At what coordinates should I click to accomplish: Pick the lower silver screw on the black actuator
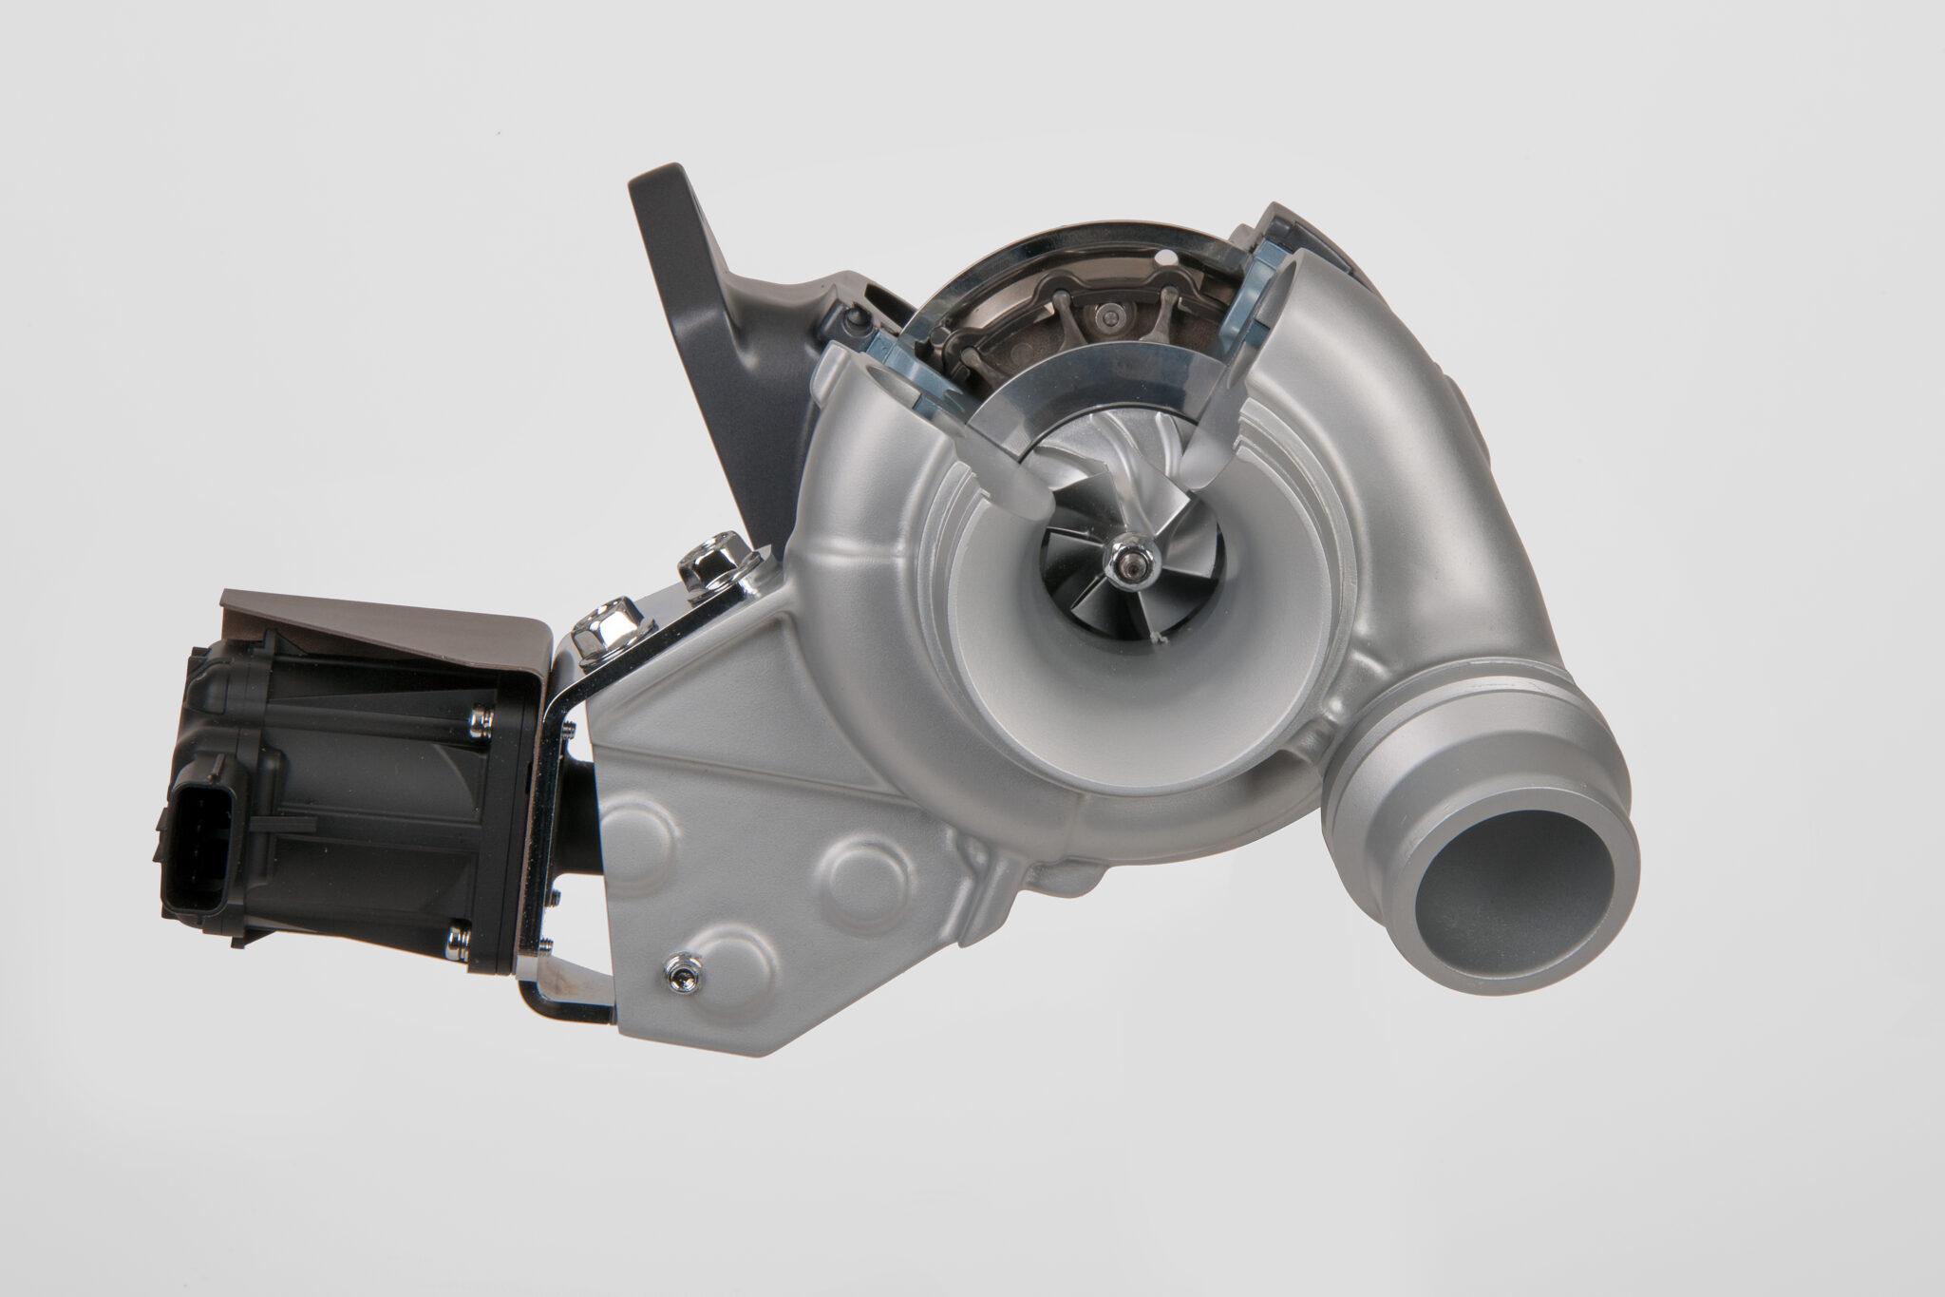click(x=459, y=940)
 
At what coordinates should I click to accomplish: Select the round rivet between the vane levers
click(x=1107, y=316)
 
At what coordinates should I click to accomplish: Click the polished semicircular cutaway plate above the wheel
click(x=1073, y=390)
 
